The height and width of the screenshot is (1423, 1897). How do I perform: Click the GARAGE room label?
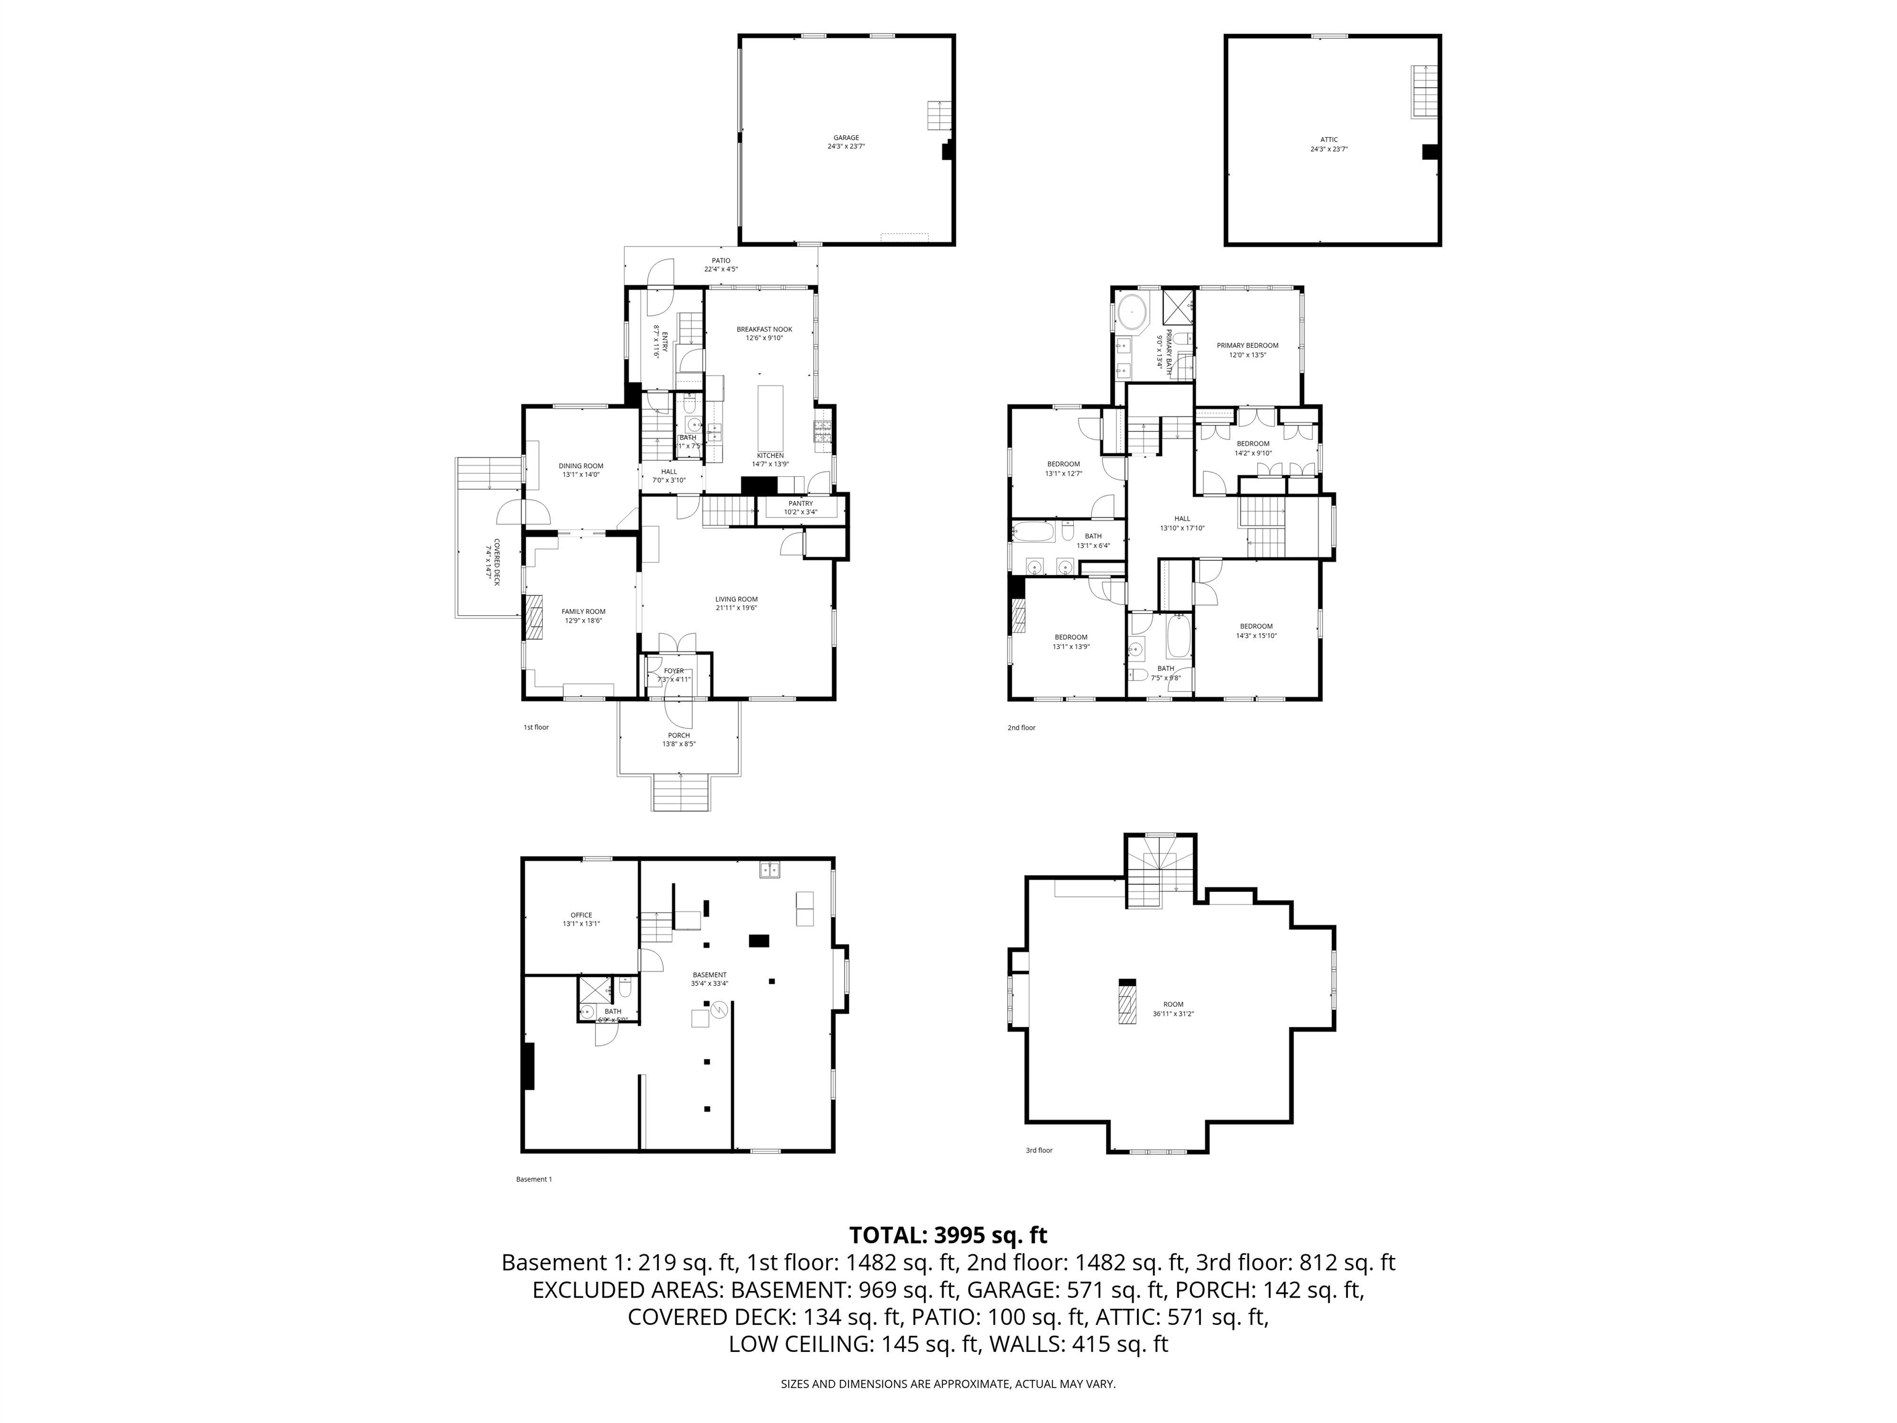click(845, 137)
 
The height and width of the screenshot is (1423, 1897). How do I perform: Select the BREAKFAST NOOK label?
click(764, 329)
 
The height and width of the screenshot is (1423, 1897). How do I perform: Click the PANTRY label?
click(800, 503)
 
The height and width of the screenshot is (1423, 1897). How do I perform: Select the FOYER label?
click(674, 671)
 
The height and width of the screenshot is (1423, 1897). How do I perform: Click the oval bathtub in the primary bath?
click(1134, 313)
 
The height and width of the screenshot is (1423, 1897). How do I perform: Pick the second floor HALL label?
click(1182, 518)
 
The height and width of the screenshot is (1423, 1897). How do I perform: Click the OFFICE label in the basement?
click(582, 915)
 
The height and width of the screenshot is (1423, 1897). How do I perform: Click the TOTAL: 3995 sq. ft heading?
click(948, 1235)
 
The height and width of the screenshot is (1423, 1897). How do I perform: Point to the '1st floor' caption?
click(536, 728)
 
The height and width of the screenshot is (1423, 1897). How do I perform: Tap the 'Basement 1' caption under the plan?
click(534, 1180)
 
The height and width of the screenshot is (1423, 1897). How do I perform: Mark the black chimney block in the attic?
click(1430, 152)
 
